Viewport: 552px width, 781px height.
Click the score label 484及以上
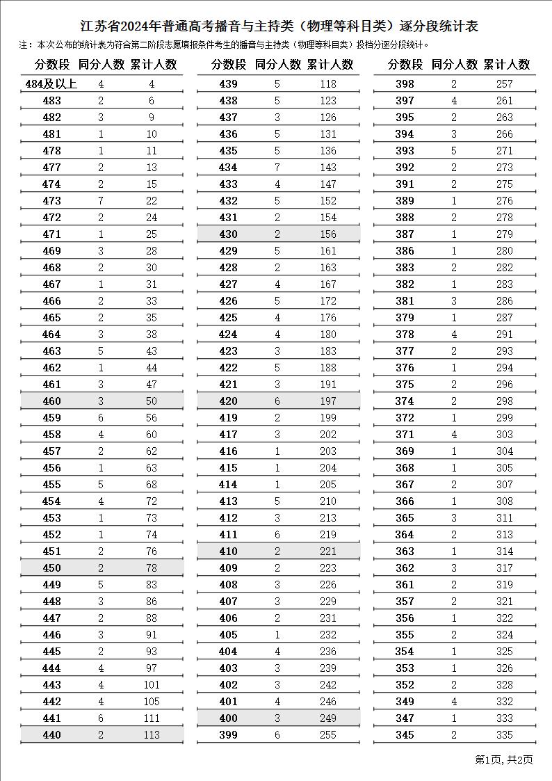[x=51, y=84]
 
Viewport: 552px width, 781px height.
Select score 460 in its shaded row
[x=51, y=401]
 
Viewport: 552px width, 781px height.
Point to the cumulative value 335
[x=504, y=735]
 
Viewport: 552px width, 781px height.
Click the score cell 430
[x=228, y=234]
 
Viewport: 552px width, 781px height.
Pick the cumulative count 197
[x=327, y=401]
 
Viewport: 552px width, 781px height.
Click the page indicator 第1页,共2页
[x=504, y=759]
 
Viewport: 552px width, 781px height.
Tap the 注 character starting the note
[x=25, y=45]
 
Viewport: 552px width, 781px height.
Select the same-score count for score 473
[x=101, y=201]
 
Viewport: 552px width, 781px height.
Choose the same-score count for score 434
[x=277, y=168]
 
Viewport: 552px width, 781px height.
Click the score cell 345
[x=405, y=735]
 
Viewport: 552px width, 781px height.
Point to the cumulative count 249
[x=327, y=718]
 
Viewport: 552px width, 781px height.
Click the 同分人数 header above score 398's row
[x=454, y=65]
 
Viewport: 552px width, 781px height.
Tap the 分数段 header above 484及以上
[x=52, y=65]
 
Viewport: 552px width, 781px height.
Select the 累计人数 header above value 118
[x=330, y=65]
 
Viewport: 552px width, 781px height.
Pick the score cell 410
[x=228, y=551]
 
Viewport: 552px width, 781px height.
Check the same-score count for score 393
[x=454, y=151]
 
